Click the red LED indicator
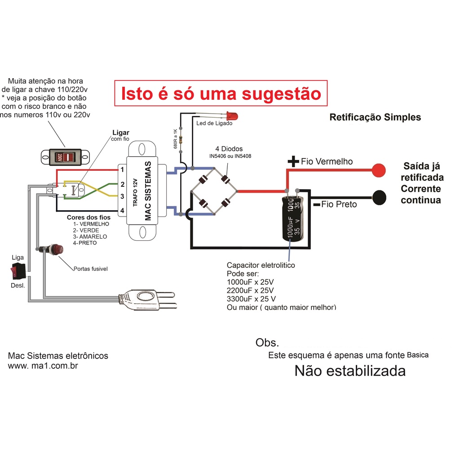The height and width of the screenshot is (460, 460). point(232,115)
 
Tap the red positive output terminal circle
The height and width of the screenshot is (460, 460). point(378,169)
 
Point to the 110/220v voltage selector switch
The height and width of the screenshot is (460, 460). point(65,157)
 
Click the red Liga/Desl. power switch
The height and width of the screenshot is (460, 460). point(18,271)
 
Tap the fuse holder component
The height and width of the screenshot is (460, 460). point(54,250)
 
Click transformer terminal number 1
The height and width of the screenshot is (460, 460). point(122,169)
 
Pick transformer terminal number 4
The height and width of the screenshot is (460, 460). point(122,210)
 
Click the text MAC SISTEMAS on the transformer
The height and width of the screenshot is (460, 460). point(149,191)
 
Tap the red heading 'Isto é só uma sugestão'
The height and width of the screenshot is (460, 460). point(221,93)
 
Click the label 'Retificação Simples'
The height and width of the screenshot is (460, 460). point(375,117)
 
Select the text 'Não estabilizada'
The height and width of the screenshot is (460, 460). point(350,371)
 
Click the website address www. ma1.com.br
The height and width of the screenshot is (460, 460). point(44,366)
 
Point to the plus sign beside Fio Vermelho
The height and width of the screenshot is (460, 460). point(293,162)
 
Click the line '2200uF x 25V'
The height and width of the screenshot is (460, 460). point(251,290)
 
